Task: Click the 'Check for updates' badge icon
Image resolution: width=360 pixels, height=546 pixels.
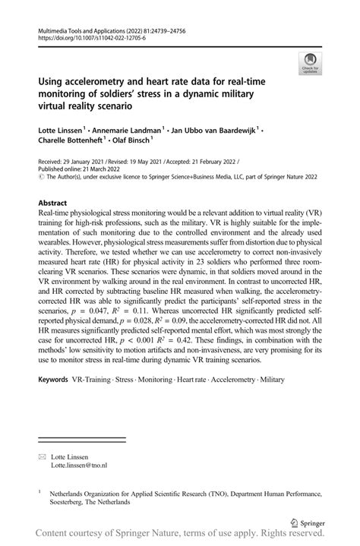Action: pos(310,65)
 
